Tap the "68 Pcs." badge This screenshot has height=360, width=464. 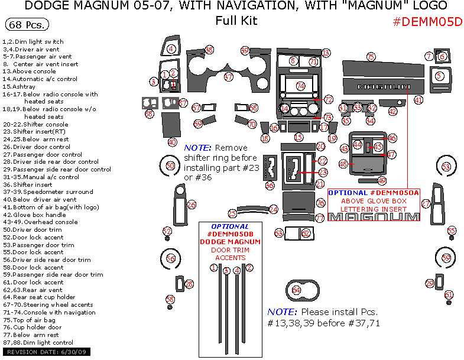click(x=27, y=25)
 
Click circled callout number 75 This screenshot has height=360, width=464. click(x=371, y=57)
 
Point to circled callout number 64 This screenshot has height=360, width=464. click(x=296, y=290)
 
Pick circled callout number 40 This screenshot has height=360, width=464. click(x=172, y=142)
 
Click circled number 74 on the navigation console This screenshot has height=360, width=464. click(x=300, y=86)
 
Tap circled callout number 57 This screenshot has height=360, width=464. click(x=183, y=103)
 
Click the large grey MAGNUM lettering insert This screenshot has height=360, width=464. click(x=374, y=217)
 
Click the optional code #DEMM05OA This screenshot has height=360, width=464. click(x=394, y=193)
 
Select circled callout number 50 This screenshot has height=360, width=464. click(x=170, y=166)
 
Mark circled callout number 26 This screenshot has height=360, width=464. click(x=192, y=205)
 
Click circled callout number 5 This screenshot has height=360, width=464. click(x=439, y=76)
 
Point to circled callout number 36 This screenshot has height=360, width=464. click(x=270, y=185)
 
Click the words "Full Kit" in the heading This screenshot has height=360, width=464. click(x=236, y=21)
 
